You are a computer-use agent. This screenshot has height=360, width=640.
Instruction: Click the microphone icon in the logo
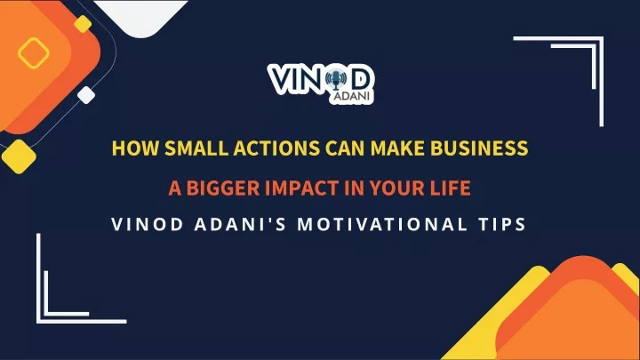[x=336, y=79]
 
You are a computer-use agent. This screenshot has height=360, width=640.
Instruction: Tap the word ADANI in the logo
[x=352, y=97]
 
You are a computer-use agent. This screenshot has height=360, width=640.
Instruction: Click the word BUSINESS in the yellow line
[x=480, y=148]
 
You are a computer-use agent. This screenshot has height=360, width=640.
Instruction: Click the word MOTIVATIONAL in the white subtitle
[x=383, y=225]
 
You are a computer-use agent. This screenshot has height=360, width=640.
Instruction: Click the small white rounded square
[x=86, y=95]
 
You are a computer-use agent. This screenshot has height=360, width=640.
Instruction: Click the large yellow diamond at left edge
[x=19, y=156]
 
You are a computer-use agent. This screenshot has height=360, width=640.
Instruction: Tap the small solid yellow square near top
[x=83, y=24]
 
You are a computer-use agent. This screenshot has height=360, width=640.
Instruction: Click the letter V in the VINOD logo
[x=282, y=79]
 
